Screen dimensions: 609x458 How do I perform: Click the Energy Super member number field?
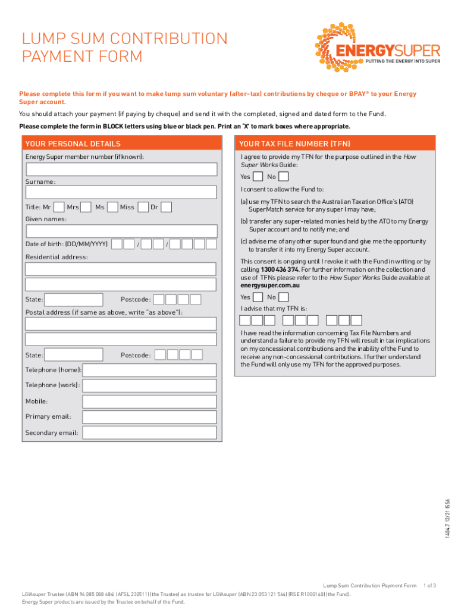121,169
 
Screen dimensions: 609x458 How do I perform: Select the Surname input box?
121,193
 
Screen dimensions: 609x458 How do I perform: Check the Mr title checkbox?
59,207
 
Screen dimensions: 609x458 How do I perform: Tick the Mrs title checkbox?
86,207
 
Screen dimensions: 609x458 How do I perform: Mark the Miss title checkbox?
143,207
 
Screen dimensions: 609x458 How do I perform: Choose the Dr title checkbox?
167,207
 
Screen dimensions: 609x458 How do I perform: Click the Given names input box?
121,231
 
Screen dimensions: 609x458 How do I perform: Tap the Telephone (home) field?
149,371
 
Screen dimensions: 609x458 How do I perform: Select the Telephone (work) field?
149,386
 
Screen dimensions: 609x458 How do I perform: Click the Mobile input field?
149,402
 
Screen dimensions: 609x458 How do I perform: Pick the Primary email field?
149,417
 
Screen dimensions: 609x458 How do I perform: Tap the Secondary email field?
149,433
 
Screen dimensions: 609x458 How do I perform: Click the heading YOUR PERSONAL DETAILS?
73,144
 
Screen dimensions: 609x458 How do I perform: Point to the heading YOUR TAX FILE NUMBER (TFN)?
295,144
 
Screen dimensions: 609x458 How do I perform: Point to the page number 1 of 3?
429,586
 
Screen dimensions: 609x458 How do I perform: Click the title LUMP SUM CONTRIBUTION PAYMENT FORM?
125,48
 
